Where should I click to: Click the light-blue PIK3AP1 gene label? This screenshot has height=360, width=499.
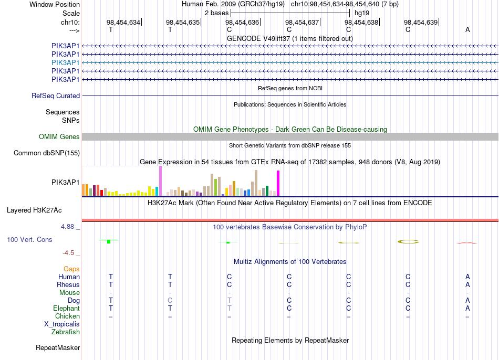(x=65, y=62)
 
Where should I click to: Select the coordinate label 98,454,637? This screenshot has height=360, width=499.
(x=302, y=22)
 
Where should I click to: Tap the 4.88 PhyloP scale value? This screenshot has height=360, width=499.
(x=67, y=226)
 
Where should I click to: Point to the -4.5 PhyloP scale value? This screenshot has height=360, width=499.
(x=68, y=253)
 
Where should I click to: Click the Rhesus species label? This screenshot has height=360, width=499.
(x=68, y=284)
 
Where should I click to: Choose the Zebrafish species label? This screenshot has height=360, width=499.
(x=66, y=332)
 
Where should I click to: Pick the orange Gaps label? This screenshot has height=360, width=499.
(x=71, y=269)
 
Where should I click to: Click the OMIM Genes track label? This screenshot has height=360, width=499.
(x=59, y=137)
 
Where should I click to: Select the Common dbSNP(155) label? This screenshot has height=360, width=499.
(x=47, y=153)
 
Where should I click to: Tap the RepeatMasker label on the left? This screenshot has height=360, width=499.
(x=58, y=347)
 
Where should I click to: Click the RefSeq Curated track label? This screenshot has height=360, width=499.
(x=56, y=96)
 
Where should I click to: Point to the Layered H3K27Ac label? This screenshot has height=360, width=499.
(x=34, y=210)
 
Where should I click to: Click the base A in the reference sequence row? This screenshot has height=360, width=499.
(x=467, y=29)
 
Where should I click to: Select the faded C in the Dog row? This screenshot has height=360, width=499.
(x=170, y=300)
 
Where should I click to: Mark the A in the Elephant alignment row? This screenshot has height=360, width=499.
(x=467, y=308)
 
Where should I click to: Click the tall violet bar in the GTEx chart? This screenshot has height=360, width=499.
(x=160, y=181)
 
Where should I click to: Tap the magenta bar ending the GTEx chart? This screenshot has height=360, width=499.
(x=278, y=183)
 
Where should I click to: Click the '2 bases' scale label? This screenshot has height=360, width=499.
(x=217, y=13)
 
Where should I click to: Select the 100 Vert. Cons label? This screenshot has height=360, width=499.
(x=29, y=239)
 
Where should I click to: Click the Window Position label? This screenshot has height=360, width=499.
(x=55, y=4)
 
